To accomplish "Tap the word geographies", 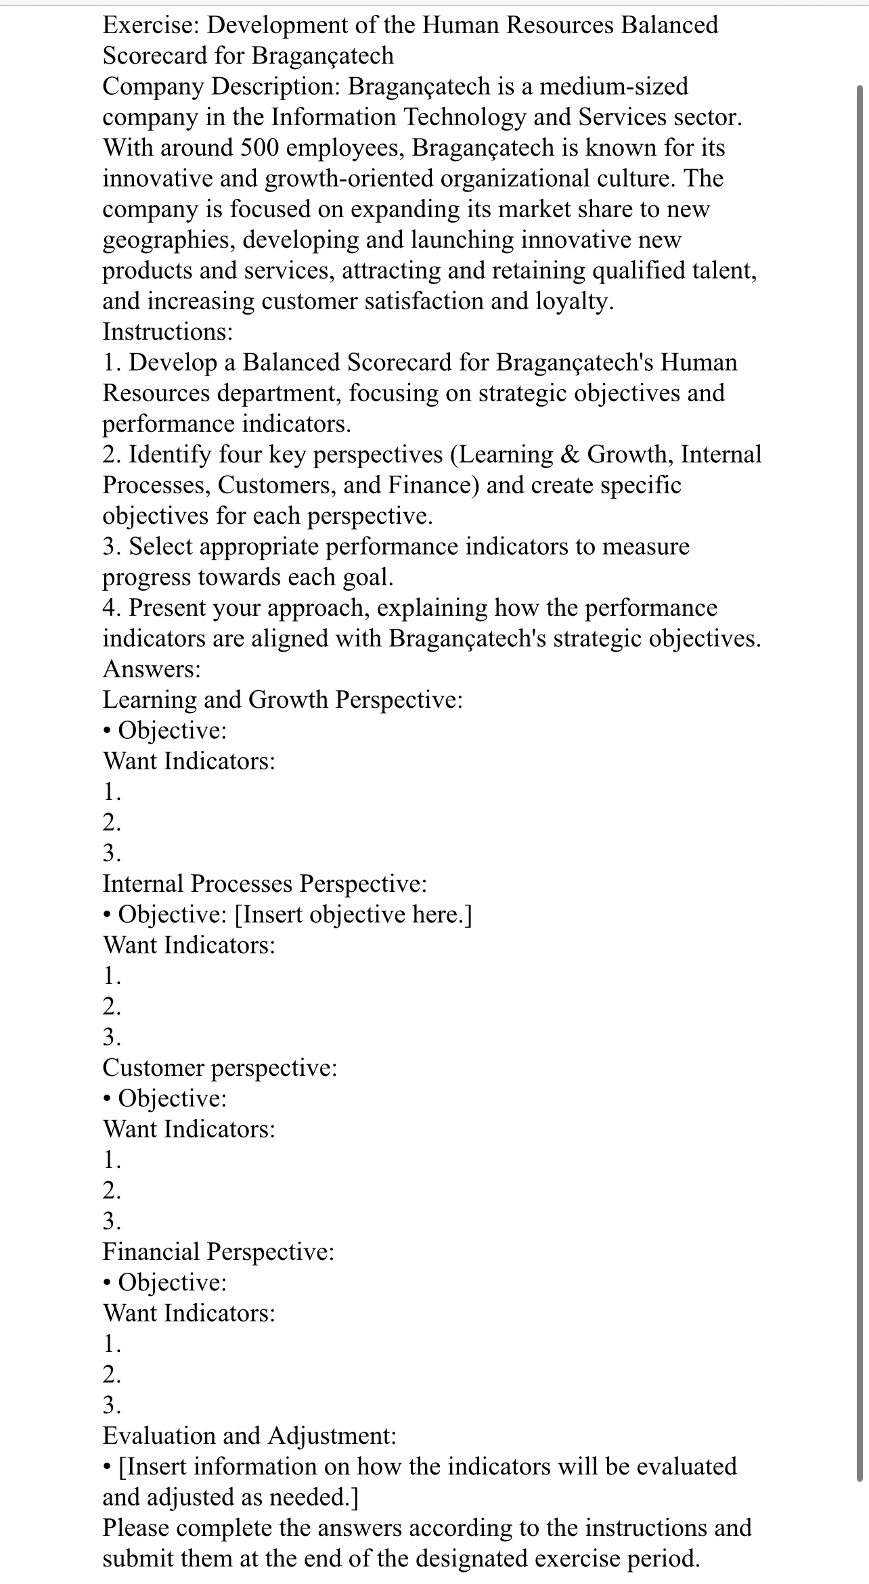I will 169,240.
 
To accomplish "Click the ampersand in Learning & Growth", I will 570,454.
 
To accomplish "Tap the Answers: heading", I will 152,669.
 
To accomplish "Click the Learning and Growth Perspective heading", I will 282,700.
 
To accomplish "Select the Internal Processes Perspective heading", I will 265,884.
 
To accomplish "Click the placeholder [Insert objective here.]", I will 353,915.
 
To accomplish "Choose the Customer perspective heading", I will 219,1068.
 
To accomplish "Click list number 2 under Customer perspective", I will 112,1190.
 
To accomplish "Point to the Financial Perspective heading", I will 219,1252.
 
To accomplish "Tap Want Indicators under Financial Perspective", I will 189,1313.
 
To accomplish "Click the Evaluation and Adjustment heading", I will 249,1436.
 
